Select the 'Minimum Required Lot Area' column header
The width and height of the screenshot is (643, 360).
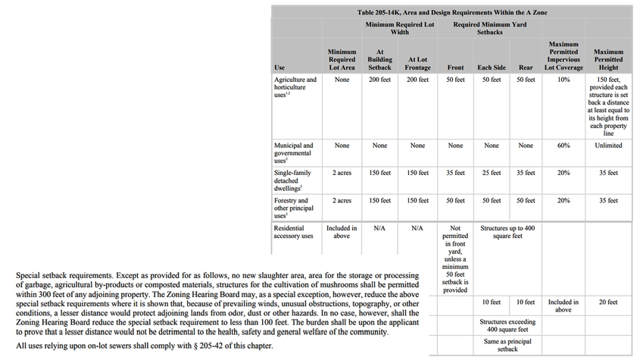tap(342, 60)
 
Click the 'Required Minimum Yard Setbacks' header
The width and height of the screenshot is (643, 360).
tap(490, 29)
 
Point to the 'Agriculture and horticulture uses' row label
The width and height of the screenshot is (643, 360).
tap(295, 87)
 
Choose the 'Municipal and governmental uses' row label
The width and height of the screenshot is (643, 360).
tap(293, 153)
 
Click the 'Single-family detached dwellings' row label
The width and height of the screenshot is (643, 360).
tap(293, 180)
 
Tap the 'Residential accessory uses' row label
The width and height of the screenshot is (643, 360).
tap(293, 231)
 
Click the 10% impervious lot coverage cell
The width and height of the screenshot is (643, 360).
tap(563, 80)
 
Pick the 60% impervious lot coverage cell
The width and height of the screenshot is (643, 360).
tap(563, 146)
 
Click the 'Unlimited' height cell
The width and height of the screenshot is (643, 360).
tap(608, 146)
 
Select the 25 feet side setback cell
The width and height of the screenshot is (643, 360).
tap(492, 173)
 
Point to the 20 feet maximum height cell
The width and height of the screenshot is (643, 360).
tap(608, 302)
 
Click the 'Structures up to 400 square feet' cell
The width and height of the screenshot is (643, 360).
tap(507, 231)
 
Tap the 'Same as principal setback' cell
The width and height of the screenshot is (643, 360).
tap(507, 345)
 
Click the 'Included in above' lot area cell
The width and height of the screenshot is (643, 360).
tap(342, 231)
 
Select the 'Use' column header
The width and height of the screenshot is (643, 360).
tap(279, 68)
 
